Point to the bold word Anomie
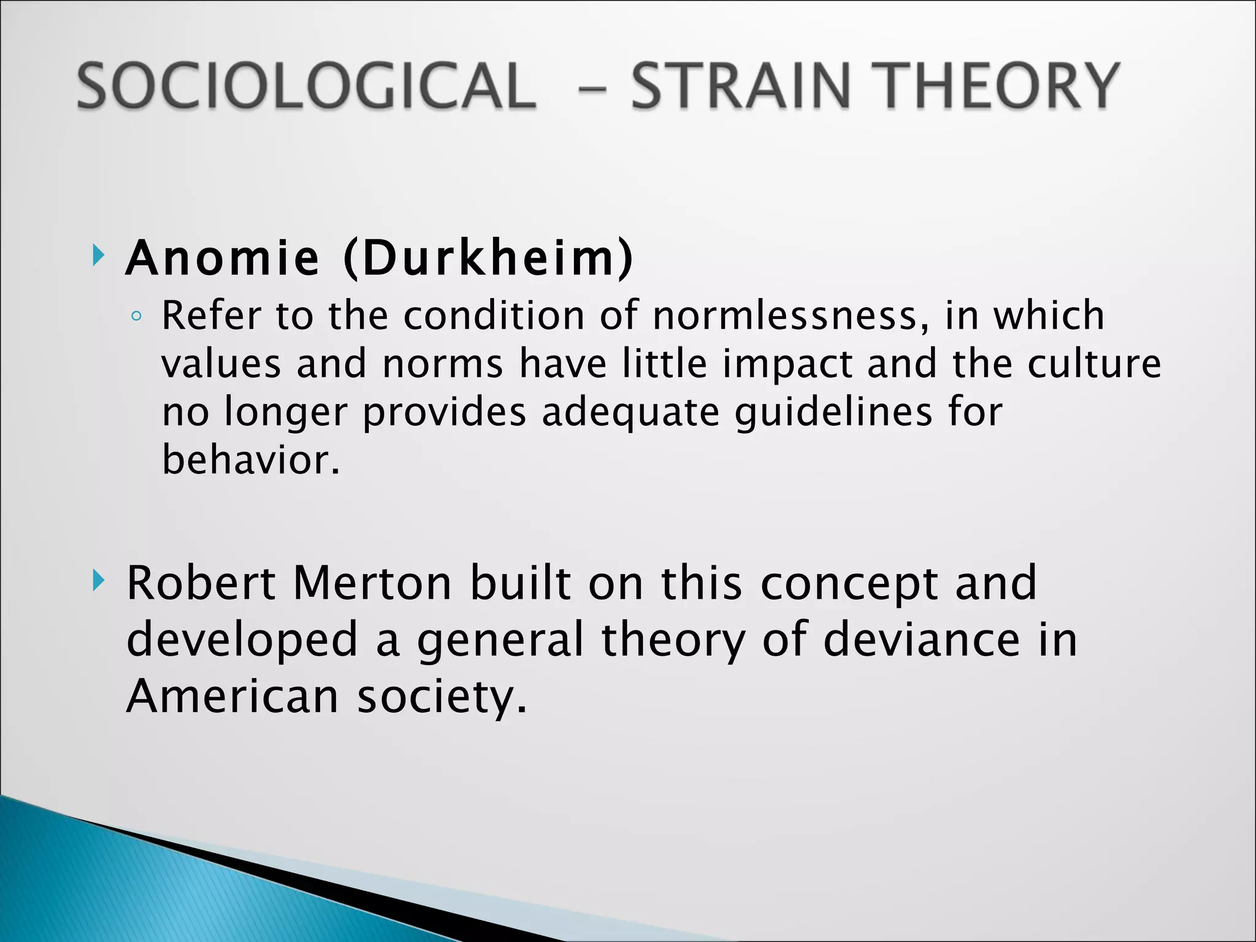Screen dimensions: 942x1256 click(222, 258)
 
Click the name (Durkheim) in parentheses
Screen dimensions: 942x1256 click(488, 258)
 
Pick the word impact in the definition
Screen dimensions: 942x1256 click(787, 364)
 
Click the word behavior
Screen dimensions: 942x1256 click(250, 459)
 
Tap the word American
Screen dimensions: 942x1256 click(232, 697)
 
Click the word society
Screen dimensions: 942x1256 click(442, 698)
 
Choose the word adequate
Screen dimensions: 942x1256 click(630, 412)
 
